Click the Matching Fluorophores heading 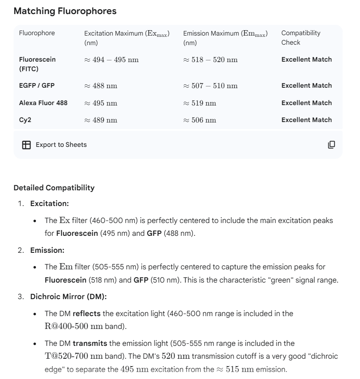(65, 11)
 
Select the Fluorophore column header (37, 33)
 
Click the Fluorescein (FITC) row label (37, 64)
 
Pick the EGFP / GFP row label (37, 86)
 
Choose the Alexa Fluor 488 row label (43, 103)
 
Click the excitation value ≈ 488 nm (101, 86)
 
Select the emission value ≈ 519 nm (200, 103)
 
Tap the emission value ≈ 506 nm (200, 120)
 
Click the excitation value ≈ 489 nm (101, 120)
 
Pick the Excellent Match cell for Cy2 (306, 120)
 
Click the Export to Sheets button (55, 145)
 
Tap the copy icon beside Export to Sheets (331, 145)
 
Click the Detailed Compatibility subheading (54, 188)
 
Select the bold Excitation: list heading (50, 204)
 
